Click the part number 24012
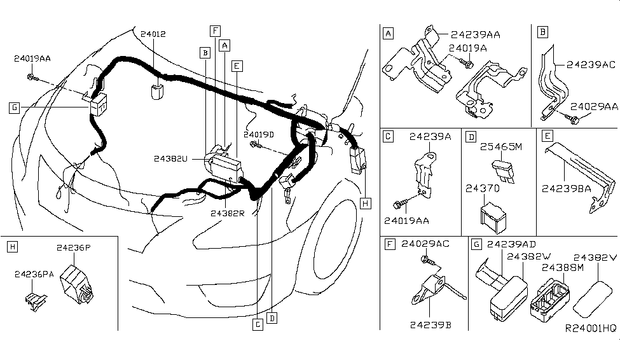tap(153, 34)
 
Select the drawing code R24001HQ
tap(590, 328)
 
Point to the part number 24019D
tap(259, 134)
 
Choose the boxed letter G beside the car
tap(14, 107)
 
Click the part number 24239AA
tap(475, 35)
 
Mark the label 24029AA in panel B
tap(593, 106)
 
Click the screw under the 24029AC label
tap(427, 260)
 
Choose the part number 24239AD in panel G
tap(511, 244)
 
